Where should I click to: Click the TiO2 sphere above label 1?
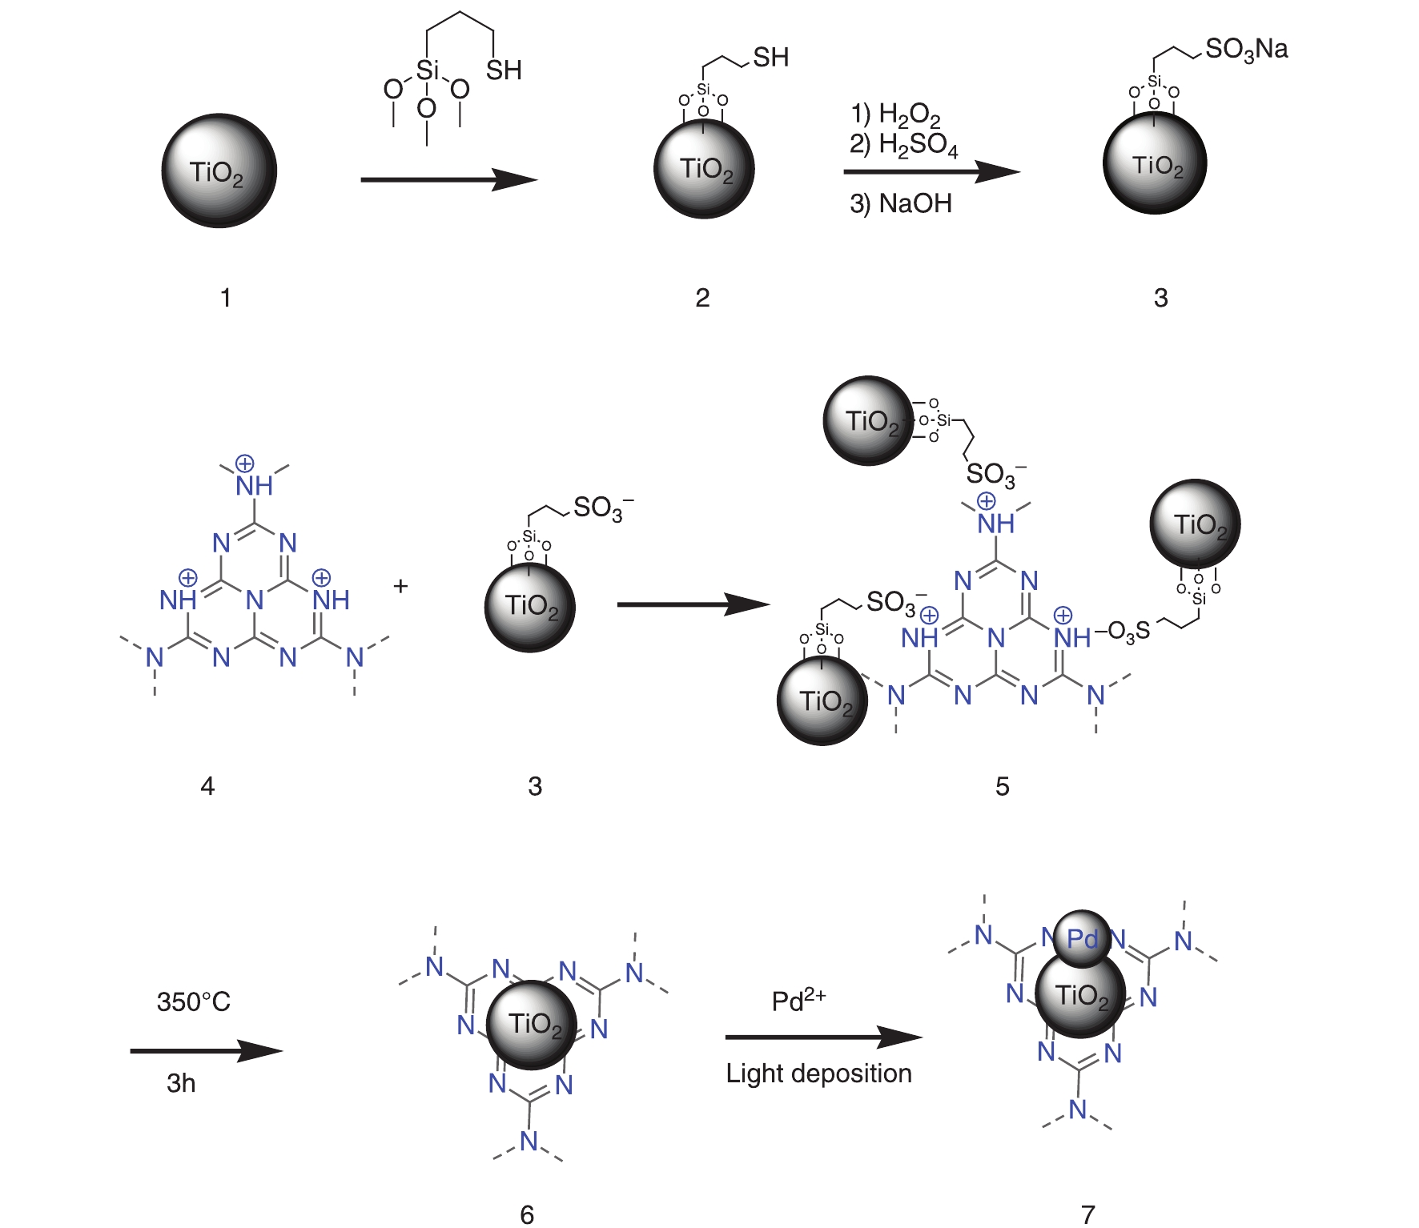pyautogui.click(x=219, y=171)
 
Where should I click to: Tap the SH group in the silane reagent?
pyautogui.click(x=504, y=70)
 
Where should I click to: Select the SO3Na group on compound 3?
pyautogui.click(x=1246, y=50)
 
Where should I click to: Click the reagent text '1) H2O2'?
pyautogui.click(x=895, y=114)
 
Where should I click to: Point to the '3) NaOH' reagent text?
pyautogui.click(x=901, y=203)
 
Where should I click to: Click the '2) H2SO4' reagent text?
pyautogui.click(x=903, y=145)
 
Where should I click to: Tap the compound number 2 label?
pyautogui.click(x=702, y=298)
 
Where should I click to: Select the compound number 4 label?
pyautogui.click(x=207, y=786)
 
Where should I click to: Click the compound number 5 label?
pyautogui.click(x=1002, y=786)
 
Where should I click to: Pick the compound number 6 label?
pyautogui.click(x=527, y=1214)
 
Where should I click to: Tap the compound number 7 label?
pyautogui.click(x=1087, y=1214)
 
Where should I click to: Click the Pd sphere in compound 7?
pyautogui.click(x=1082, y=937)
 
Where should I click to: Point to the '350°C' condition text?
pyautogui.click(x=194, y=1001)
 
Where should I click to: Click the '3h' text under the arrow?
pyautogui.click(x=181, y=1083)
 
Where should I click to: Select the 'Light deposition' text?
pyautogui.click(x=818, y=1073)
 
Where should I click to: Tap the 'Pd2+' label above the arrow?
pyautogui.click(x=798, y=1000)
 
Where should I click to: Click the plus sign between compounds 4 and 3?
pyautogui.click(x=400, y=586)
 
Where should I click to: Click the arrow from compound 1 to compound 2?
pyautogui.click(x=448, y=179)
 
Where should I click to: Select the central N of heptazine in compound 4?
pyautogui.click(x=255, y=599)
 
